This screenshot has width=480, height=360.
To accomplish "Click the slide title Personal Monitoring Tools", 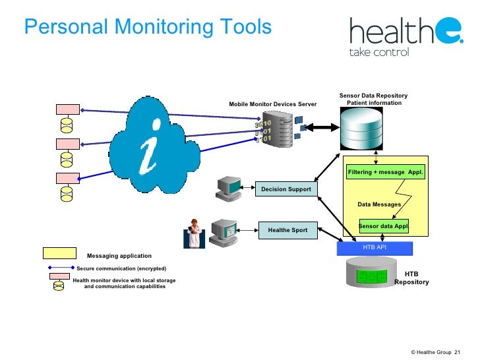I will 147,27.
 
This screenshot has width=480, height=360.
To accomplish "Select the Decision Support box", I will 285,190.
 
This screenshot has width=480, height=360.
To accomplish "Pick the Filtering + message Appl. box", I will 386,173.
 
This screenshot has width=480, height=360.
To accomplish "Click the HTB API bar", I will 374,248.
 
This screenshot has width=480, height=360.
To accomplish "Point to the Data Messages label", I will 379,204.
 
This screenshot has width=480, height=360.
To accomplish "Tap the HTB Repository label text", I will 411,278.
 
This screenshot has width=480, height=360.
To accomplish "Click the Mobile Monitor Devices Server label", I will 272,104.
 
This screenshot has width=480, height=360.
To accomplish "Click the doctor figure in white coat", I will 195,233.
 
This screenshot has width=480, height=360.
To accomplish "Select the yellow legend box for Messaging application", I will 59,253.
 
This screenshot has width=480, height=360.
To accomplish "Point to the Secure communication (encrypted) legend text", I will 121,269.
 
